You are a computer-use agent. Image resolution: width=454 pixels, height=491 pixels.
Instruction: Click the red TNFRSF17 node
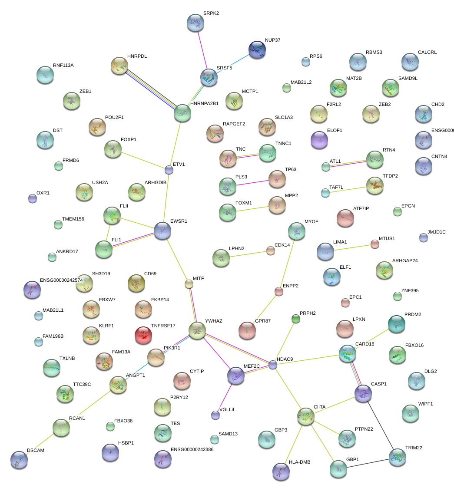[x=143, y=334]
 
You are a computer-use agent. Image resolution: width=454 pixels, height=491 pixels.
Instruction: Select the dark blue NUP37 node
[x=257, y=50]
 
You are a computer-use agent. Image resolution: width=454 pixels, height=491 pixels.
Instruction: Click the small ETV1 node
[x=169, y=170]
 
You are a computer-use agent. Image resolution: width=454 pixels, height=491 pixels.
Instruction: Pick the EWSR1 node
[x=162, y=230]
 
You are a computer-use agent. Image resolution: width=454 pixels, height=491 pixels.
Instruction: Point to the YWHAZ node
[x=197, y=330]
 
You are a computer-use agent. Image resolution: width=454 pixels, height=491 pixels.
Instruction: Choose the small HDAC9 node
[x=273, y=365]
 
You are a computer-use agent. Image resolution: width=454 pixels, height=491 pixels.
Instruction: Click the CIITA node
[x=306, y=416]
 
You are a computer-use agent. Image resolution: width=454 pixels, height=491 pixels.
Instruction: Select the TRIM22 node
[x=397, y=457]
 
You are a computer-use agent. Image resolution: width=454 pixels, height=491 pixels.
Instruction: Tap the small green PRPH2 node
[x=296, y=319]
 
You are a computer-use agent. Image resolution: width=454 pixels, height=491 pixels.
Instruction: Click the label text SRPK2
[x=211, y=13]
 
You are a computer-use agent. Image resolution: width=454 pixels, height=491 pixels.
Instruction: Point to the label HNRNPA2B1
[x=204, y=104]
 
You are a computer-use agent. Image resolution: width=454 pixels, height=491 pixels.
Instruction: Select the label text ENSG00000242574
[x=61, y=280]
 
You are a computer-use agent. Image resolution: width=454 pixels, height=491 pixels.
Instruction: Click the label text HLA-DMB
[x=300, y=462]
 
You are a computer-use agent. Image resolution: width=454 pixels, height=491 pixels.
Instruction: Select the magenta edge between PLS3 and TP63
[x=252, y=182]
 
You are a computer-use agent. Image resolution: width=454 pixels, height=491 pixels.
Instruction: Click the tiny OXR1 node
[x=32, y=199]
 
